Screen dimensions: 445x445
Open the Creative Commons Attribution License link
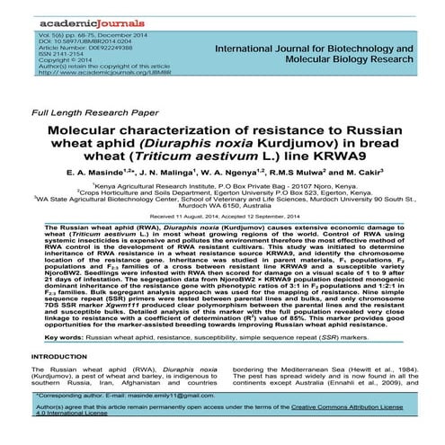341,409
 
